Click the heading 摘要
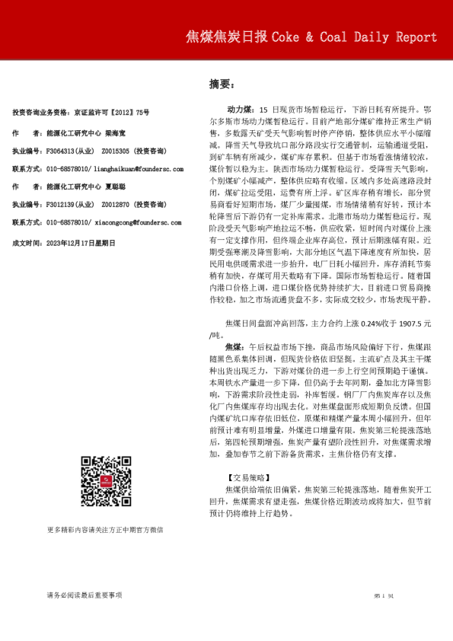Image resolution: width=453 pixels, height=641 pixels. click(220, 85)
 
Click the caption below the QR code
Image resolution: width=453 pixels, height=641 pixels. click(104, 529)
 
